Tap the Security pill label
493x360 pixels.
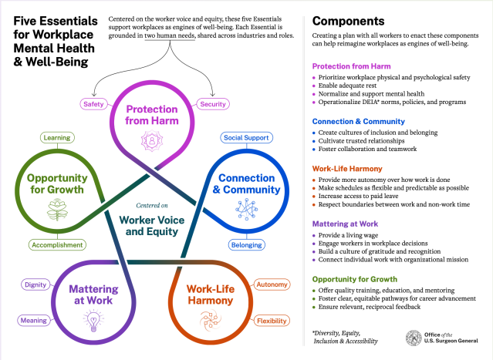212,104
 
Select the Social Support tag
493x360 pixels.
245,138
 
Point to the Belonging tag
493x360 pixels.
245,245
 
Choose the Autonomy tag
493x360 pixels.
272,285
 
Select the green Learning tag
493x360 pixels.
57,138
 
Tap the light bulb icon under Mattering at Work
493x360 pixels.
93,319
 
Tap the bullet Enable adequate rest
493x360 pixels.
353,86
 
